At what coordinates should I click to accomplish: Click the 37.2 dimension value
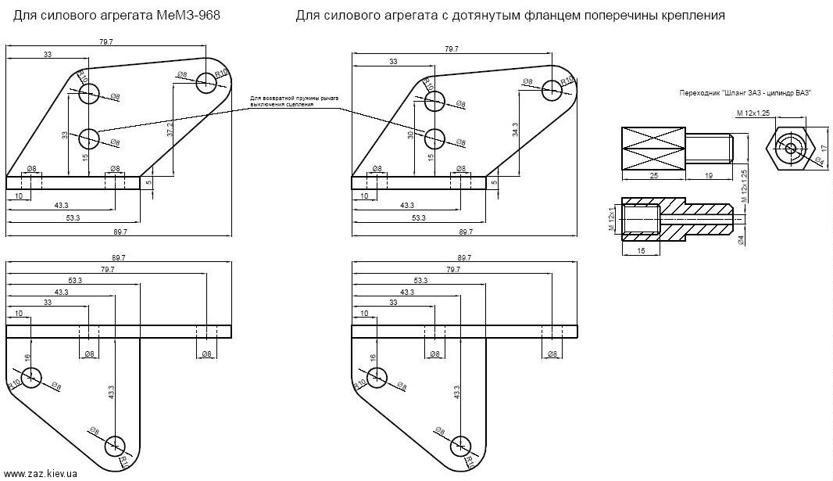click(x=170, y=129)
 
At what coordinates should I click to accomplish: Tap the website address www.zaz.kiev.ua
click(x=39, y=474)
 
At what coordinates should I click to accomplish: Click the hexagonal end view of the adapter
click(x=791, y=147)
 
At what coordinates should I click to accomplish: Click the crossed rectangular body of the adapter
click(x=652, y=147)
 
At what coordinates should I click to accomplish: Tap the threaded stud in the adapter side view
click(x=709, y=147)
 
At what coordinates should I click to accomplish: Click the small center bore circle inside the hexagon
click(x=791, y=147)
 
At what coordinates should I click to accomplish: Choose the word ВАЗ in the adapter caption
click(x=803, y=93)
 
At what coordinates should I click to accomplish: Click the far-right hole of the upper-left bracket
click(x=206, y=81)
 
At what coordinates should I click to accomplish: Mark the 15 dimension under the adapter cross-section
click(x=640, y=250)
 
